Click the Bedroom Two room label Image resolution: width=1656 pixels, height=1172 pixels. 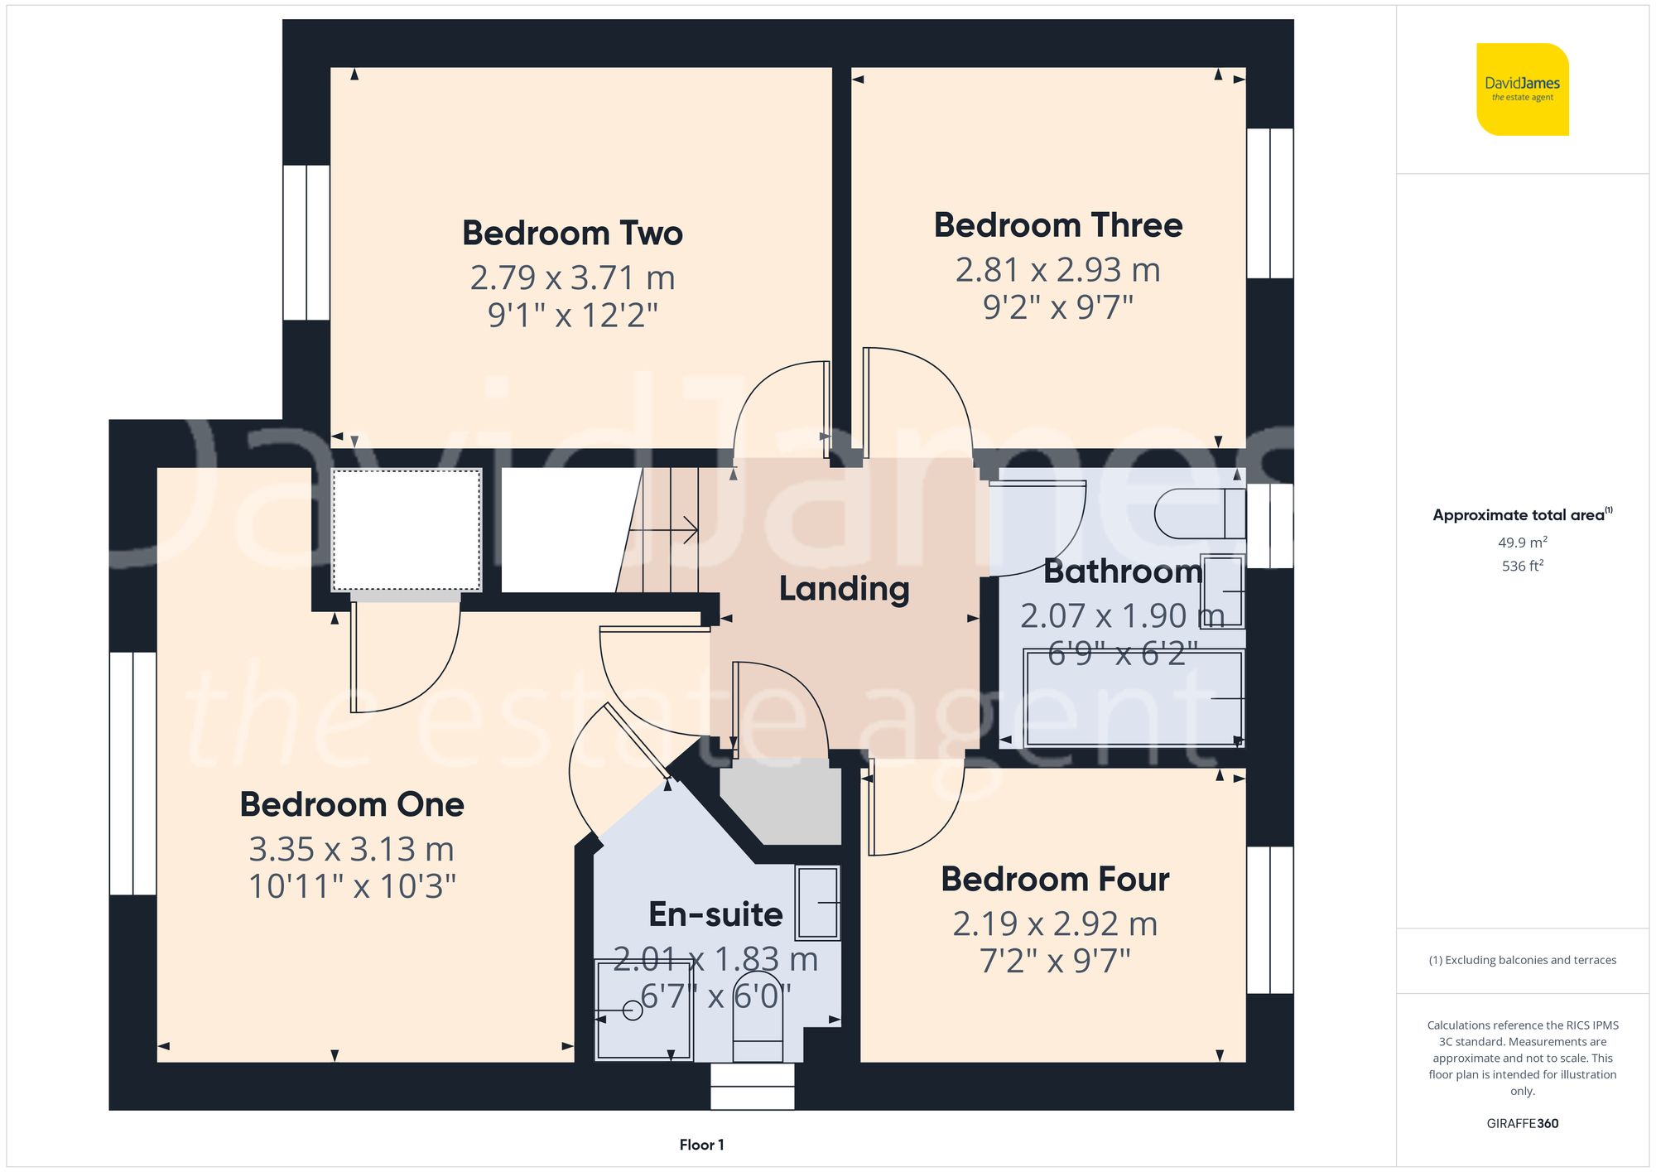pos(572,234)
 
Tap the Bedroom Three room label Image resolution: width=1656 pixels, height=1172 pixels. pos(1057,225)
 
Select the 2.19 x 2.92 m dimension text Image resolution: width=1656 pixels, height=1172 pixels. pos(1054,924)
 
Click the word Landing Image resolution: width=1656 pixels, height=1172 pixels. pos(844,589)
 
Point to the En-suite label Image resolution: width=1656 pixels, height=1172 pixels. pos(715,914)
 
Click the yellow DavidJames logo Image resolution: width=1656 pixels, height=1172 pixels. pos(1522,89)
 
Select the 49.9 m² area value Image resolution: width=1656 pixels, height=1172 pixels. pos(1522,543)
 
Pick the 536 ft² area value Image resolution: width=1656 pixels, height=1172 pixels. pos(1522,566)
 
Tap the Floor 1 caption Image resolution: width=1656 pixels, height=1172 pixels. pos(701,1145)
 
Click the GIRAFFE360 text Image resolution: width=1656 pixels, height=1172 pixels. pos(1522,1124)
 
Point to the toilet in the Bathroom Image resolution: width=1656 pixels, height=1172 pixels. pos(1199,514)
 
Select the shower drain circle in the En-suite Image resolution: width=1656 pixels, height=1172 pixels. pos(633,1010)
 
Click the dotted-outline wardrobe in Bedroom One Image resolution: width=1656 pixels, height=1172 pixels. pos(407,530)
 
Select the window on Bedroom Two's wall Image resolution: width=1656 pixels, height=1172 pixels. pos(306,243)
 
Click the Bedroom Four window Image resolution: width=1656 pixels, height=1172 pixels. pos(1269,919)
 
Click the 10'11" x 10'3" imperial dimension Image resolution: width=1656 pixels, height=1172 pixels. pos(352,887)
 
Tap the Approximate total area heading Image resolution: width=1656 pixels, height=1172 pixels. pos(1522,515)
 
